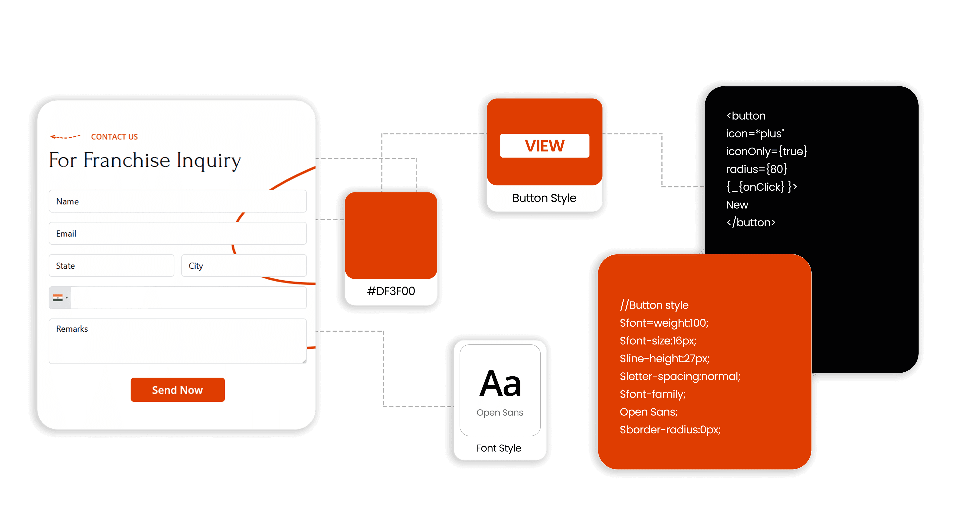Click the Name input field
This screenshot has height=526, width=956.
pyautogui.click(x=178, y=201)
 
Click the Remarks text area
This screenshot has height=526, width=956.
pyautogui.click(x=178, y=341)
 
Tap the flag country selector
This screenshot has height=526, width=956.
pyautogui.click(x=60, y=298)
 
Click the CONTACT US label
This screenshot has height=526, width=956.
pyautogui.click(x=114, y=137)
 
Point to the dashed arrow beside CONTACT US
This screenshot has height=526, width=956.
pyautogui.click(x=65, y=137)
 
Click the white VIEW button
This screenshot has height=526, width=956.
pyautogui.click(x=544, y=146)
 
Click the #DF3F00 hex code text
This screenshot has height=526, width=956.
pyautogui.click(x=391, y=291)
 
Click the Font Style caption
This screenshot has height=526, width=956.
pyautogui.click(x=498, y=448)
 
